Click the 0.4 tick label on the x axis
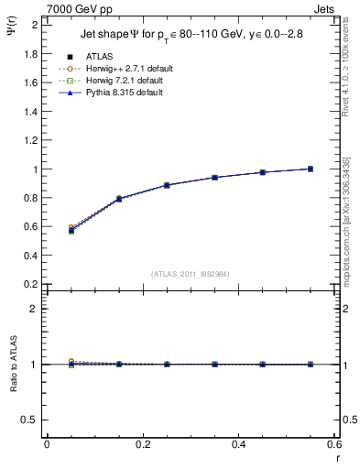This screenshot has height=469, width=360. click(x=239, y=444)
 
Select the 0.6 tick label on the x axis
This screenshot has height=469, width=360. click(x=335, y=444)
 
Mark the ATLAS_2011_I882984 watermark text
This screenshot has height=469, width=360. click(x=191, y=275)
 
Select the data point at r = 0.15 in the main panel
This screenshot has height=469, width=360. click(x=119, y=199)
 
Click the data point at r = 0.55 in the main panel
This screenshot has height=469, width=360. click(x=311, y=169)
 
